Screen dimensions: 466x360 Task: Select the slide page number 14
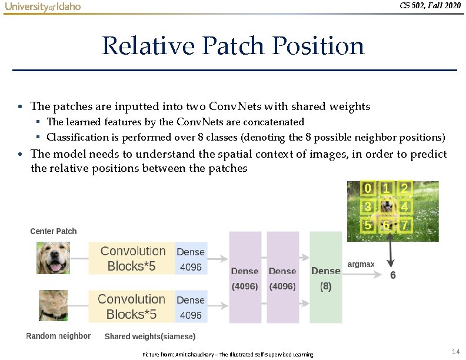tap(455, 351)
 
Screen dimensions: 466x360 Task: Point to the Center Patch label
tap(54, 231)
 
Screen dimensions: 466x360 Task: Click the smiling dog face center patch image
tap(54, 258)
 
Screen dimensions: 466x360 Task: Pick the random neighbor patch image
tap(54, 305)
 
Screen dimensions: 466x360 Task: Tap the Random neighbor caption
tap(58, 336)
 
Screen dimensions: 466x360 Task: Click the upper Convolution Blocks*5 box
tap(132, 258)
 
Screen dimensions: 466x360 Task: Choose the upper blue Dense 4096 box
tap(191, 258)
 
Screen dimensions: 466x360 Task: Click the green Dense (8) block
tap(325, 278)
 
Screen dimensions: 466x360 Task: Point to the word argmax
tap(361, 264)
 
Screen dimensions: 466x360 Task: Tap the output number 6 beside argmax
tap(393, 275)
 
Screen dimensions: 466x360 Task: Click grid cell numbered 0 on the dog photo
tap(368, 189)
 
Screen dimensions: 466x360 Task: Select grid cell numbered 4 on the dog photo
tap(404, 206)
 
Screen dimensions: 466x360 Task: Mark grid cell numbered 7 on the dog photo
tap(404, 225)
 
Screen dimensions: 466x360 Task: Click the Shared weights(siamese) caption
tap(150, 336)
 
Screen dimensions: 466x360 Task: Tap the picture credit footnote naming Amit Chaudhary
tap(228, 354)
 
